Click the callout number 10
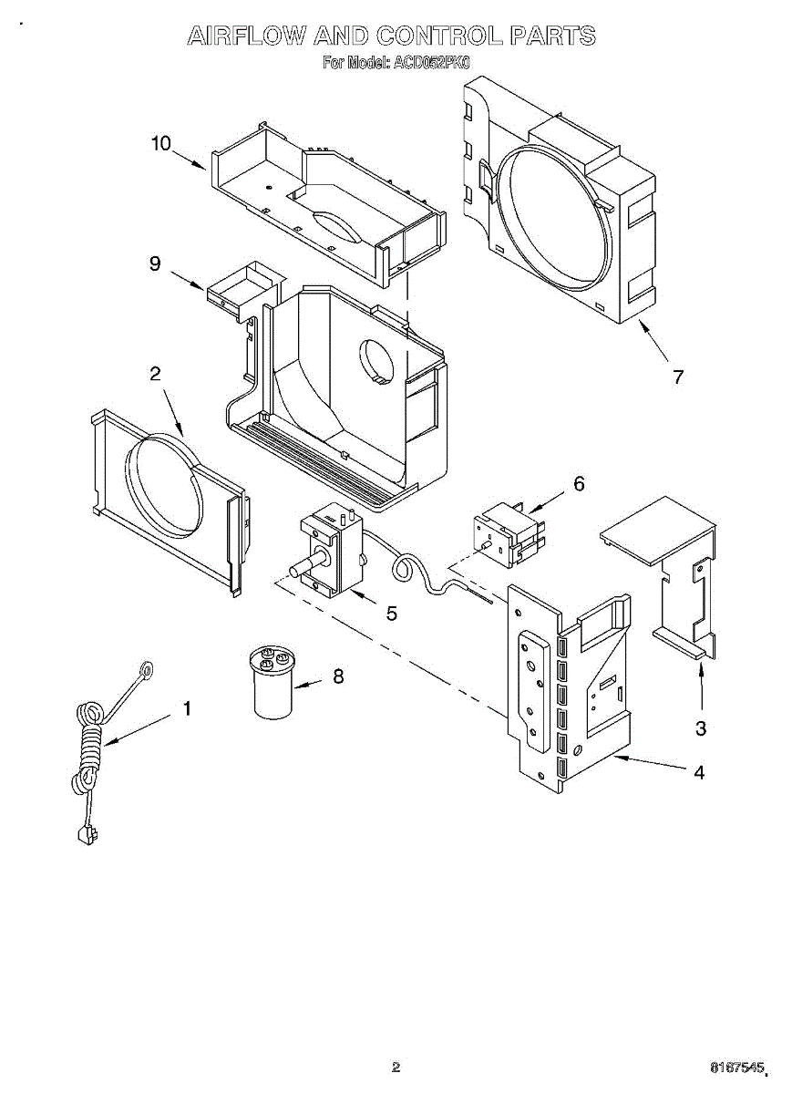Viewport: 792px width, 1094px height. pos(160,144)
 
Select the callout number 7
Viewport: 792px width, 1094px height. pos(677,377)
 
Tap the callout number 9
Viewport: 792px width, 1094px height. pos(155,263)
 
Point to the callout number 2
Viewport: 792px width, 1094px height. pos(155,373)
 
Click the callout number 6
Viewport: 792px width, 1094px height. pos(578,483)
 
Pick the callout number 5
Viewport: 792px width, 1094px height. pos(391,614)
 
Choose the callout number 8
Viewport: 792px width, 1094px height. pos(339,676)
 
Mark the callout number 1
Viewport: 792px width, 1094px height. pos(187,708)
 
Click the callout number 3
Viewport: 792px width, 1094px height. pos(700,728)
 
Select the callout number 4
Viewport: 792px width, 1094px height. pos(699,772)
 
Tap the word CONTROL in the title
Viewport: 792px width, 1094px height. pos(439,36)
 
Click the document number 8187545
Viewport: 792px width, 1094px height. pos(740,1066)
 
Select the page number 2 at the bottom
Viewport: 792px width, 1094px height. pos(396,1066)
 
